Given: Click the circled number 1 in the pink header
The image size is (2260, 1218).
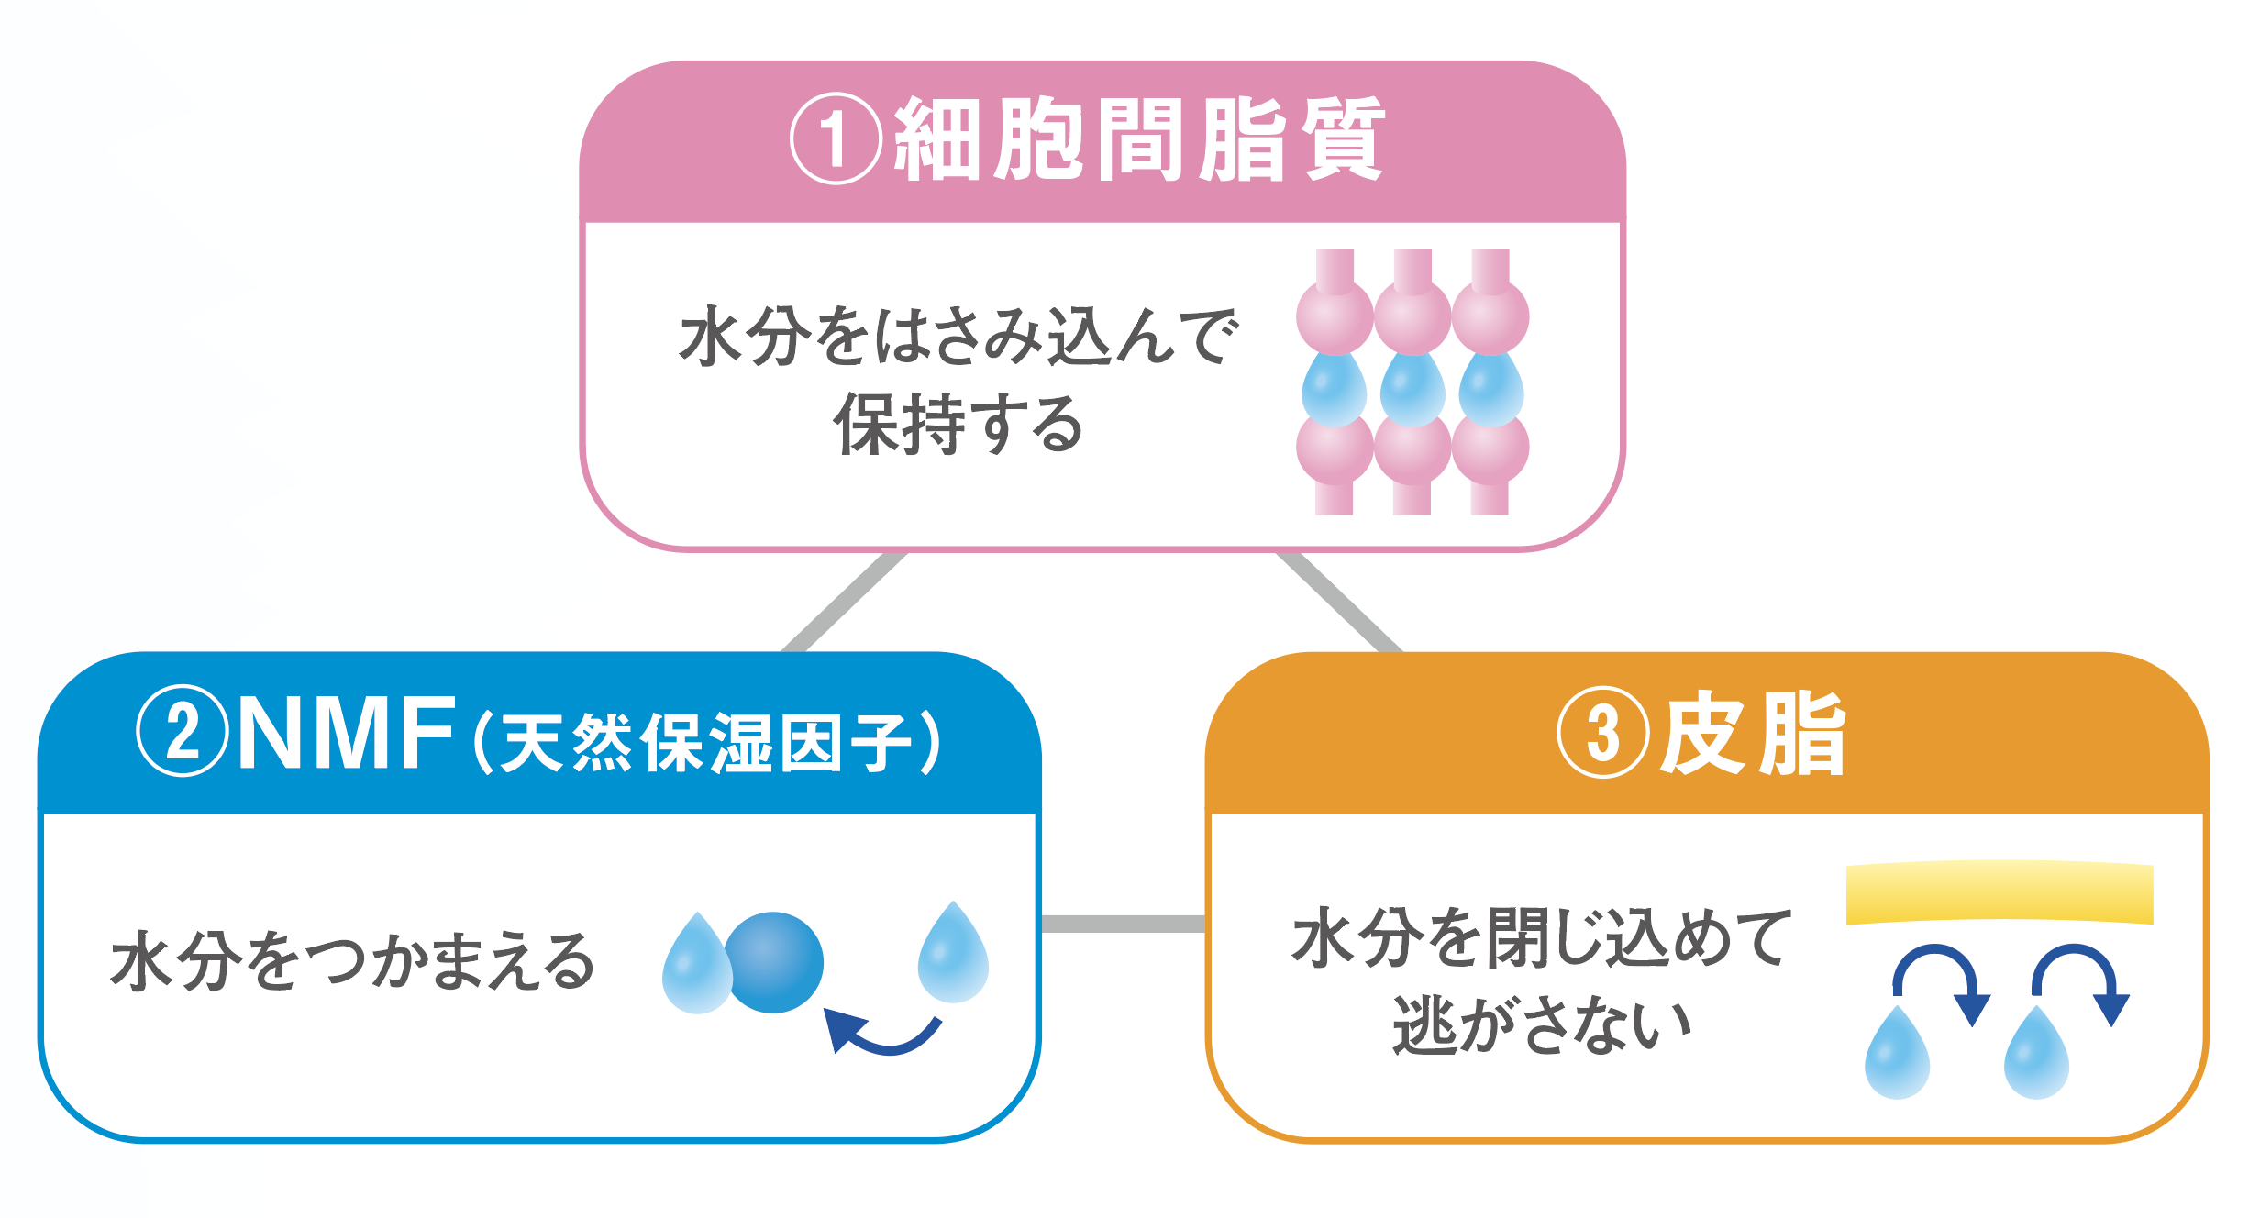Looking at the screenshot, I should [x=836, y=139].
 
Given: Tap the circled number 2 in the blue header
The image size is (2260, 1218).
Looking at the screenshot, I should [x=182, y=731].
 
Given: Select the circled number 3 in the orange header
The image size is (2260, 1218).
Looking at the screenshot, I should [x=1602, y=733].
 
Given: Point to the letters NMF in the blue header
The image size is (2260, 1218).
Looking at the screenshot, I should [x=347, y=733].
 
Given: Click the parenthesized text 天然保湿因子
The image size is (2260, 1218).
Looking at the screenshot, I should [x=706, y=742].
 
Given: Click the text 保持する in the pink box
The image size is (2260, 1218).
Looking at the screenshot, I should [x=958, y=424].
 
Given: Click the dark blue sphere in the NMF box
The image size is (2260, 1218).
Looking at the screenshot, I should [x=773, y=962].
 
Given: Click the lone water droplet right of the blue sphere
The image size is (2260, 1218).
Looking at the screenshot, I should [x=953, y=954].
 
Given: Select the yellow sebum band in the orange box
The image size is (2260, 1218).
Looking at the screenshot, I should [x=2000, y=891].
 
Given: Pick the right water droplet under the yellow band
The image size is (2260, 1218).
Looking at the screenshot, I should [x=2036, y=1055].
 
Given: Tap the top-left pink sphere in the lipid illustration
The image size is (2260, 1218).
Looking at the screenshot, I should [x=1335, y=316].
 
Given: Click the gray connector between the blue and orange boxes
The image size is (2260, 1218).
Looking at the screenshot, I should [x=1123, y=924].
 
